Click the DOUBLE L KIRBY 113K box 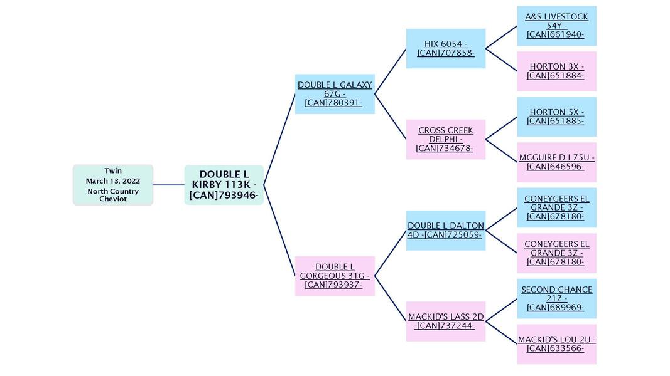pos(224,185)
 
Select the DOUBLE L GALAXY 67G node pos(335,94)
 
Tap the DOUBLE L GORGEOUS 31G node pos(335,276)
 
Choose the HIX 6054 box pos(446,48)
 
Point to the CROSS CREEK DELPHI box pos(446,139)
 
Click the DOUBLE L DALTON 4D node pos(446,230)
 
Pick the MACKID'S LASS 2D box pos(446,321)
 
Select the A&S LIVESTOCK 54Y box pos(556,26)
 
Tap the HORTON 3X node pos(556,71)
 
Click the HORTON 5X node pos(556,117)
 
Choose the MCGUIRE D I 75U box pos(556,162)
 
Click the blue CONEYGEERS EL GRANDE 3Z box pos(556,207)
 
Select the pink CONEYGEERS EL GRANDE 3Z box pos(556,253)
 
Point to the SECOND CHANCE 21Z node pos(556,298)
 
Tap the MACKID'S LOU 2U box pos(556,344)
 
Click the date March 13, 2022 pos(113,181)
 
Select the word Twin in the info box pos(113,170)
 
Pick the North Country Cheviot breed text pos(113,195)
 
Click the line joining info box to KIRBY pos(168,185)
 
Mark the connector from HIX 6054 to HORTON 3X pos(501,60)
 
